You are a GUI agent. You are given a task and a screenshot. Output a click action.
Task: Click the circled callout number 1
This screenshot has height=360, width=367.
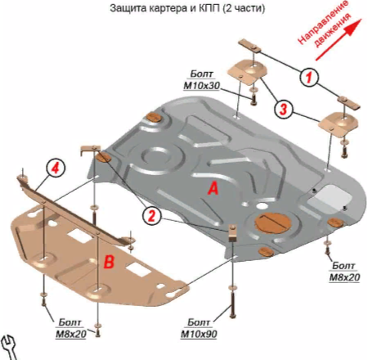pos(309,77)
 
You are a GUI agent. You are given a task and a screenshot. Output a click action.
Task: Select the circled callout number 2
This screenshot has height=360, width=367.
pos(152,216)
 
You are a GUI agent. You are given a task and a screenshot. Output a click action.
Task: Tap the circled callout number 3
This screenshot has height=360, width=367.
pos(284,109)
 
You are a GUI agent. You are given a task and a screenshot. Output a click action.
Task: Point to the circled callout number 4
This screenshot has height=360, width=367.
pos(56,168)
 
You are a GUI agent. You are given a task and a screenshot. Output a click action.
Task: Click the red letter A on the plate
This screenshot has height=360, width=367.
pos(213,188)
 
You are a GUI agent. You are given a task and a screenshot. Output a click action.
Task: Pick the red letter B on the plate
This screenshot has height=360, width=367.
pos(109,262)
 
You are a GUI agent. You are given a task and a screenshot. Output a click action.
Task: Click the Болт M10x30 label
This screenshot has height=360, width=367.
pos(202,79)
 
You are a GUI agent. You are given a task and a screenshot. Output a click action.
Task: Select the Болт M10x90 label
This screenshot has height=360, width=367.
pos(199,328)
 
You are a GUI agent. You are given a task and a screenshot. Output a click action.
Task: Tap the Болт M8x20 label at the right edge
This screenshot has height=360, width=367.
pos(344,272)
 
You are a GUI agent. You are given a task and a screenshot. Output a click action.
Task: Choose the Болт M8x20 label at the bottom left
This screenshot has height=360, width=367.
pos(71,328)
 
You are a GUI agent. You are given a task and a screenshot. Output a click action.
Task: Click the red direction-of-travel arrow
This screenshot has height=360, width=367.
pos(339,39)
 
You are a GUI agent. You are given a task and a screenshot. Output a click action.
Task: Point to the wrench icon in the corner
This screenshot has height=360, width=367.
pos(9,347)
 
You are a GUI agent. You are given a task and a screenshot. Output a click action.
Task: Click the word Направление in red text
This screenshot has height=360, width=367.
pos(323,22)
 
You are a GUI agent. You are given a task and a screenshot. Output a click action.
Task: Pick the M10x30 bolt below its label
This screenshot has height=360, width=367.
pos(253,100)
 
